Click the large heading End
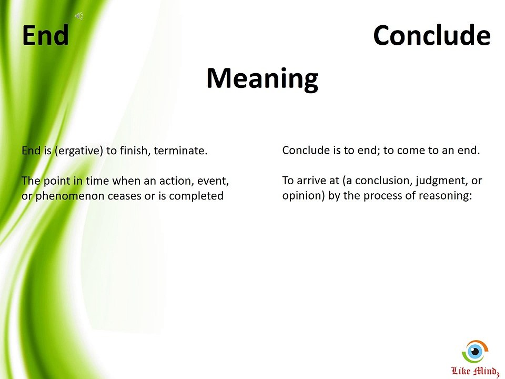pos(45,35)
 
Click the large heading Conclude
pos(431,35)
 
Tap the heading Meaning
pos(262,78)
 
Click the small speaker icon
pos(79,16)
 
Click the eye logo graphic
pos(475,351)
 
